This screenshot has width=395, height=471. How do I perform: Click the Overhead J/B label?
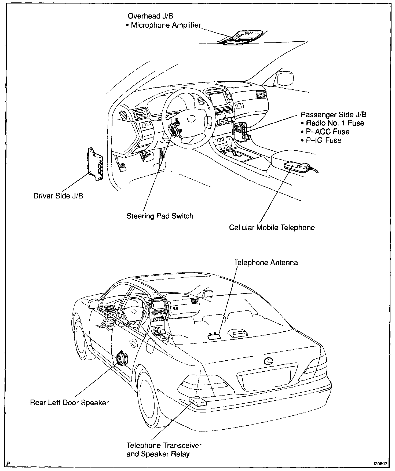coord(150,16)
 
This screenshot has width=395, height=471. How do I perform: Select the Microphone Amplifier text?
coord(166,25)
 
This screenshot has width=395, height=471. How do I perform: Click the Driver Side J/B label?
coord(58,196)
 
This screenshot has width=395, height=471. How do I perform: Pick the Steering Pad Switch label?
coord(160,216)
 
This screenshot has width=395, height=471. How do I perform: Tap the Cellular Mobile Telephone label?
coord(272,228)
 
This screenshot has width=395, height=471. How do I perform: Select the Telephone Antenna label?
coord(266,263)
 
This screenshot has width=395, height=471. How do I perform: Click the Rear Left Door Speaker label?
coord(69,403)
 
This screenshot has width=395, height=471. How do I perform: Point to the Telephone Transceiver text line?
coord(164,446)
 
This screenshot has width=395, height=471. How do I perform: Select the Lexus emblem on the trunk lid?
coord(268,361)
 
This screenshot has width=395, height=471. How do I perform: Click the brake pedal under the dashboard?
coord(146,156)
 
